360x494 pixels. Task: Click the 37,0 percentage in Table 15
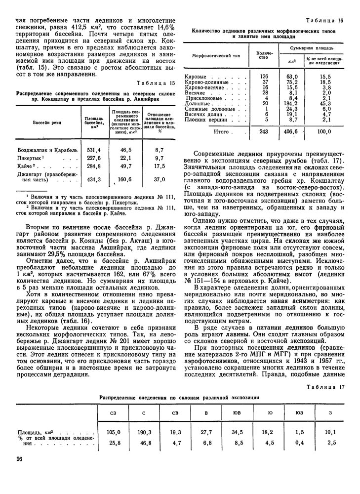pyautogui.click(x=159, y=179)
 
